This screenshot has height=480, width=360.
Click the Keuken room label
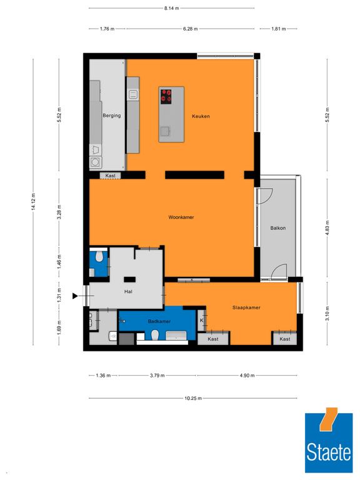(x=201, y=116)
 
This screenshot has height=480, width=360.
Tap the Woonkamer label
(x=181, y=217)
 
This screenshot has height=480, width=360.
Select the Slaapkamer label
(x=246, y=307)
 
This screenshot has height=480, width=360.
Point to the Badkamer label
(x=159, y=321)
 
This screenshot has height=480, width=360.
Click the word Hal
(x=128, y=291)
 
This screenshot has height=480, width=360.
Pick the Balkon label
(x=278, y=227)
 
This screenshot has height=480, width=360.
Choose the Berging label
(x=112, y=116)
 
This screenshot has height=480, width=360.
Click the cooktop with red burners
(x=166, y=96)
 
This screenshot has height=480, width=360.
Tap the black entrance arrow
(x=75, y=296)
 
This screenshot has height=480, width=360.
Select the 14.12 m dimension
(x=33, y=201)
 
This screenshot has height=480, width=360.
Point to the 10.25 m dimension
(x=193, y=398)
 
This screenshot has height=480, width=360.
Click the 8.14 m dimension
(x=171, y=8)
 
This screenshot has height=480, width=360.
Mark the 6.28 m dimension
(x=191, y=29)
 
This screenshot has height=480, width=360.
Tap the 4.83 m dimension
(x=327, y=227)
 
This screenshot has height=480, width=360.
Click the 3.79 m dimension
(x=157, y=375)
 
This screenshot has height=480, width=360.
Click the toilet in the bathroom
(x=155, y=335)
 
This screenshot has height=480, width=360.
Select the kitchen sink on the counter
(x=133, y=94)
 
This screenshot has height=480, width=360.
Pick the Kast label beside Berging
(x=110, y=176)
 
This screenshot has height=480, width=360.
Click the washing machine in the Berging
(x=95, y=162)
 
